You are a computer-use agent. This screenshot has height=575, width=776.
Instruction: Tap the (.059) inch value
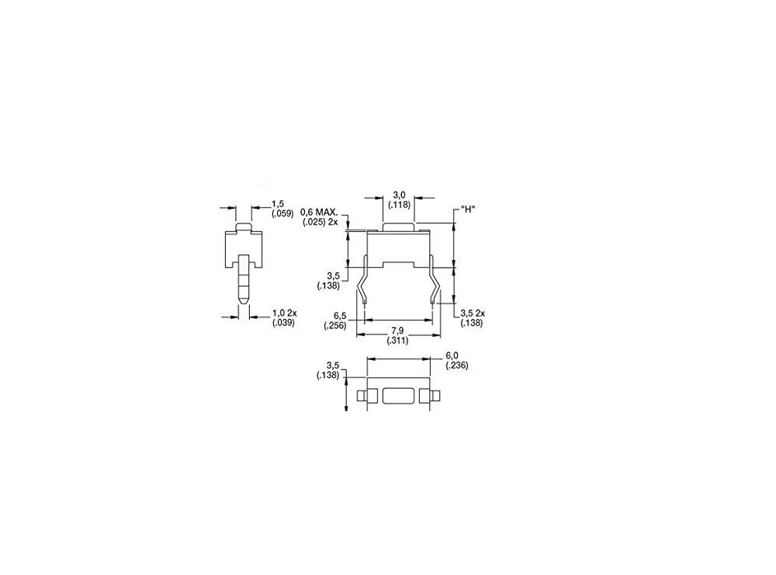282,213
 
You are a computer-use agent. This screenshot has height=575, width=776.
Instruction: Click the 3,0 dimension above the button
400,194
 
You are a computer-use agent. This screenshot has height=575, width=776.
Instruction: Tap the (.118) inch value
400,204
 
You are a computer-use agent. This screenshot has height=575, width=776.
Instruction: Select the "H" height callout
467,209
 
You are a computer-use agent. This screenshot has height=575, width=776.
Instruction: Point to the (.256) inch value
336,326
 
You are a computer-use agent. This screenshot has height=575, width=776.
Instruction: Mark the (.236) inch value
456,365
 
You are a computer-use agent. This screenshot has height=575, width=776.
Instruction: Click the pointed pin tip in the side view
244,297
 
